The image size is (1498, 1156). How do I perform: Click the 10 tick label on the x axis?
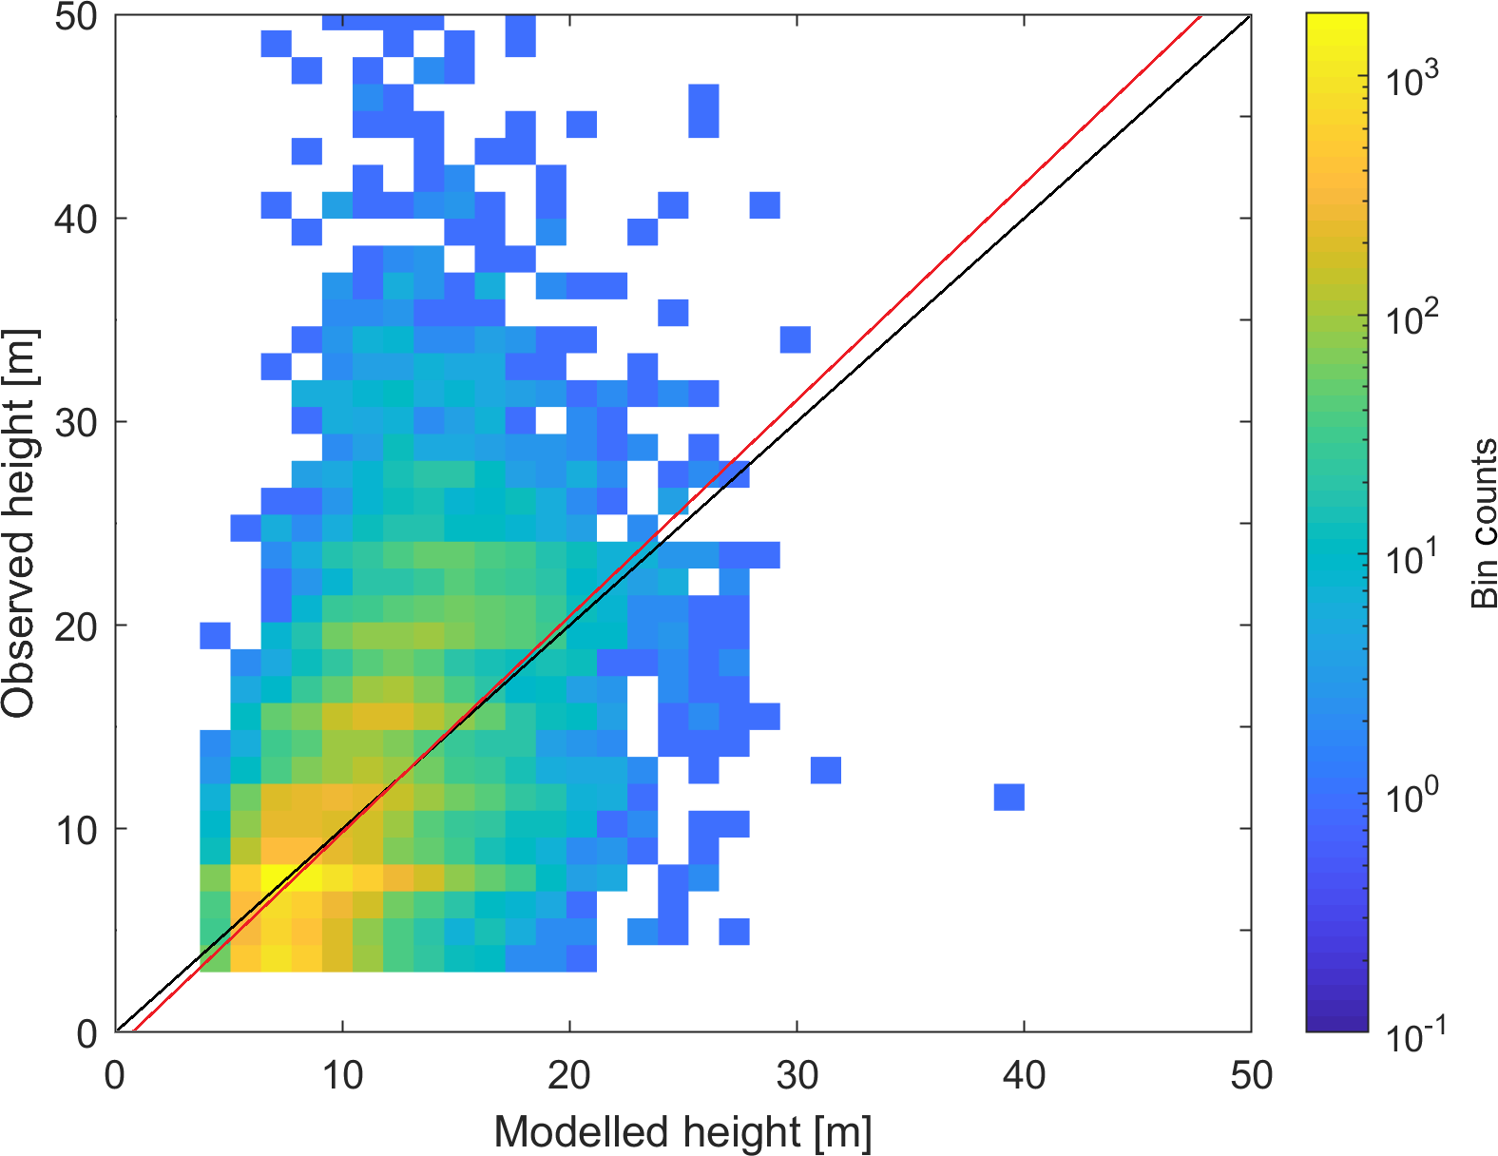pyautogui.click(x=341, y=1075)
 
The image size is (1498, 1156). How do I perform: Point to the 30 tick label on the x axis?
pyautogui.click(x=797, y=1075)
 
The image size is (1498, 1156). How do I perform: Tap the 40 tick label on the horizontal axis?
pyautogui.click(x=1024, y=1075)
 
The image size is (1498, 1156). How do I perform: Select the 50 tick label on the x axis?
pyautogui.click(x=1250, y=1075)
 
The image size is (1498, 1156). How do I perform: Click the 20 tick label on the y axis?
pyautogui.click(x=76, y=626)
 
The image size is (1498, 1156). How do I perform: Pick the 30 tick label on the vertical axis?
pyautogui.click(x=76, y=423)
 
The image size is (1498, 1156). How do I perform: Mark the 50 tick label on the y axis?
pyautogui.click(x=76, y=17)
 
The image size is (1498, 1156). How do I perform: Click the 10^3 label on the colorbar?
pyautogui.click(x=1412, y=80)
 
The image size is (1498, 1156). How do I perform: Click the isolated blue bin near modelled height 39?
pyautogui.click(x=1008, y=797)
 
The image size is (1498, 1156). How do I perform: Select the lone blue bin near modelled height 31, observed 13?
pyautogui.click(x=826, y=770)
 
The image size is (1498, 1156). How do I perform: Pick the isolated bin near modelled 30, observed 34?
pyautogui.click(x=795, y=339)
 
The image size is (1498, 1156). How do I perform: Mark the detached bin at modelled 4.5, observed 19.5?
pyautogui.click(x=215, y=635)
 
